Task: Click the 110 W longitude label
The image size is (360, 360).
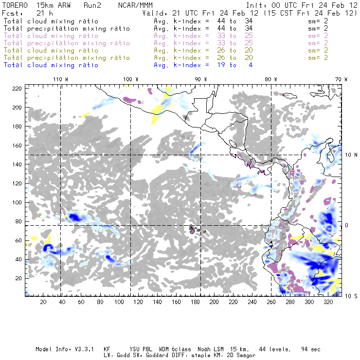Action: click(60, 79)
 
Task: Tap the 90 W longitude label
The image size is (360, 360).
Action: click(201, 79)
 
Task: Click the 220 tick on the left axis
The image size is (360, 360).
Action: click(18, 88)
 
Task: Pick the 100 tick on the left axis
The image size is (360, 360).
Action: click(18, 202)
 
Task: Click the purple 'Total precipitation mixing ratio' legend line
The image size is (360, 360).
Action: click(67, 43)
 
